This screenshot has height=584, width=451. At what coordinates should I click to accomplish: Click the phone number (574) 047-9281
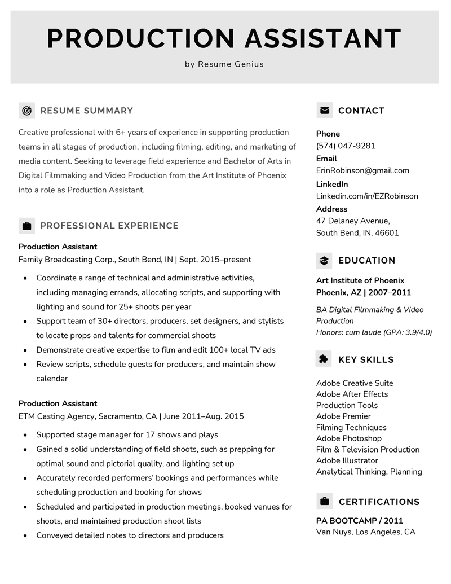346,146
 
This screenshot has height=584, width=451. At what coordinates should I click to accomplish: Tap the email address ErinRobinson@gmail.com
362,170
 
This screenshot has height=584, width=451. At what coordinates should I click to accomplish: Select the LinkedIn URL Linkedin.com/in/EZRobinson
367,196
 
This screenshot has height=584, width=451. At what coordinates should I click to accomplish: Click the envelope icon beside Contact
325,111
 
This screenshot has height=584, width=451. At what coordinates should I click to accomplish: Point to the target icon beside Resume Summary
26,111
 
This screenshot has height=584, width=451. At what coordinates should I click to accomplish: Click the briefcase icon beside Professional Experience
26,226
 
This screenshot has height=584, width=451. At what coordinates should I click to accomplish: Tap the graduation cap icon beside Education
324,261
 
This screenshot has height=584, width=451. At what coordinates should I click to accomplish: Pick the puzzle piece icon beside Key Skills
324,359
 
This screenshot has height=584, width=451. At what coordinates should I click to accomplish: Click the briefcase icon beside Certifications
324,502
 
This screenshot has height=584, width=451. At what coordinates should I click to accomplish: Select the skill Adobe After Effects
352,394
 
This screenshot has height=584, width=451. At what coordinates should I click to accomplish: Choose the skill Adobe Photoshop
348,438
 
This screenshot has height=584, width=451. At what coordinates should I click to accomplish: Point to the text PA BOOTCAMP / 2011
360,521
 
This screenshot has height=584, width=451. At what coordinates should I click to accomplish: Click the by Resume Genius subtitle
224,64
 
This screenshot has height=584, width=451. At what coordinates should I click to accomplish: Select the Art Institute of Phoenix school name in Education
360,280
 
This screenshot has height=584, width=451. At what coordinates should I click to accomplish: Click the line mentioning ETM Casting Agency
131,416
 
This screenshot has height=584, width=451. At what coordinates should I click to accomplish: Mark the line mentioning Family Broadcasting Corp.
135,260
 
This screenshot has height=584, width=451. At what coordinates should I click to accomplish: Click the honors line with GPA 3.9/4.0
374,332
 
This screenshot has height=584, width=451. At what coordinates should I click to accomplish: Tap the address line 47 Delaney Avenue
353,221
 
